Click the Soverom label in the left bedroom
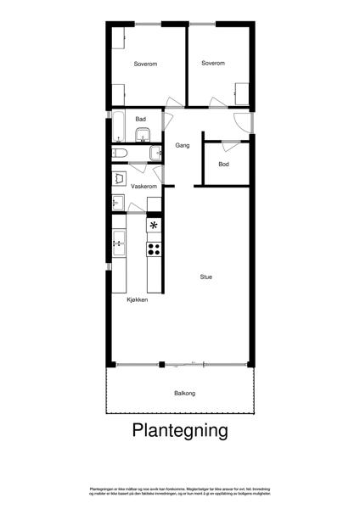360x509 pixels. coord(146,64)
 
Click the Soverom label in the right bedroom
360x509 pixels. coord(213,63)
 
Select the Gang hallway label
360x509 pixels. coord(182,145)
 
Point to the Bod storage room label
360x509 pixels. coord(223,164)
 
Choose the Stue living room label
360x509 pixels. coord(206,277)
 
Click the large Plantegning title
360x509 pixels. coord(180,431)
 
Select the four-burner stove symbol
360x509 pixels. coord(155,249)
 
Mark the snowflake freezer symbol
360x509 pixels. coord(154,226)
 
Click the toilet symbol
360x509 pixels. coord(120,153)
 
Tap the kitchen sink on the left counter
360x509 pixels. coord(119,244)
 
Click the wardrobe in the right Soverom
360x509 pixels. coord(243,92)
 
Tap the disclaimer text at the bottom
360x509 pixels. coord(180,492)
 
